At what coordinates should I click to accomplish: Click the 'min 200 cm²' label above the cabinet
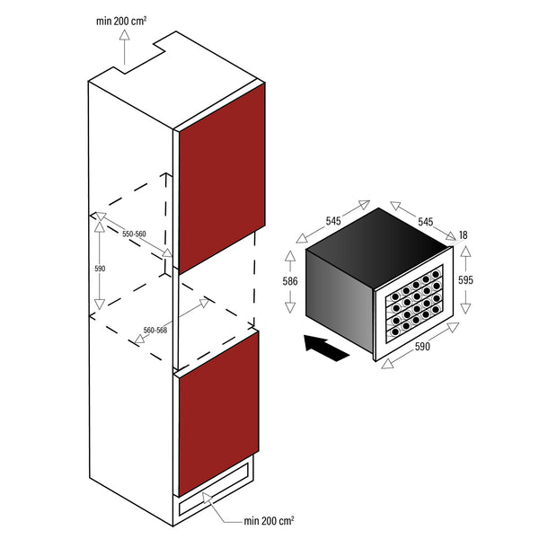pyautogui.click(x=121, y=22)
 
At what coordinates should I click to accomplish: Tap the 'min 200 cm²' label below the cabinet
pyautogui.click(x=269, y=521)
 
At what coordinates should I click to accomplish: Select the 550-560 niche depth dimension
pyautogui.click(x=134, y=234)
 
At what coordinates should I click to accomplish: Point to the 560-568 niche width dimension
pyautogui.click(x=155, y=330)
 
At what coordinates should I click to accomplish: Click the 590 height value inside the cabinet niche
pyautogui.click(x=100, y=269)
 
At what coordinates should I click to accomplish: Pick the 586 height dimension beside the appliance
pyautogui.click(x=290, y=281)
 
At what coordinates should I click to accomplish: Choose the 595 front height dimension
pyautogui.click(x=465, y=280)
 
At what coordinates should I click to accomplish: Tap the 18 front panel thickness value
pyautogui.click(x=463, y=235)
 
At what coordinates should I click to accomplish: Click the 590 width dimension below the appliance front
pyautogui.click(x=422, y=347)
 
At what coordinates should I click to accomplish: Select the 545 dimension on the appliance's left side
pyautogui.click(x=333, y=221)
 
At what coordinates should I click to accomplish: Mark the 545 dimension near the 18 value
pyautogui.click(x=425, y=222)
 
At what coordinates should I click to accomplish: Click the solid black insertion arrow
pyautogui.click(x=327, y=348)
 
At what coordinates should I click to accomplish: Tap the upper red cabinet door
pyautogui.click(x=222, y=179)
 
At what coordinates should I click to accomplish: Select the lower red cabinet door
pyautogui.click(x=218, y=413)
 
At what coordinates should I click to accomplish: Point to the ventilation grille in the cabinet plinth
pyautogui.click(x=214, y=489)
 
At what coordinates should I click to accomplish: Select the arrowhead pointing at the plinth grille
pyautogui.click(x=207, y=498)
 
